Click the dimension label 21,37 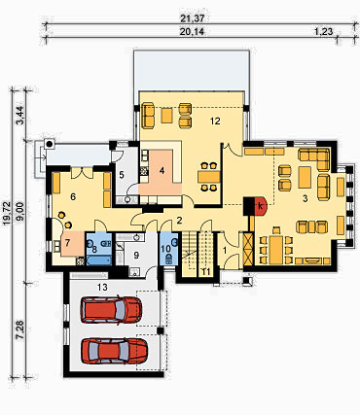(x=198, y=18)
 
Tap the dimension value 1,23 (x=323, y=31)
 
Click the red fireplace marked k (x=261, y=206)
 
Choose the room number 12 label (x=215, y=121)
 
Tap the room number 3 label (x=305, y=199)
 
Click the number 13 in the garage (x=102, y=287)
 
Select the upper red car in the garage (x=112, y=309)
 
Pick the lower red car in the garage (x=114, y=351)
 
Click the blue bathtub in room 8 (x=99, y=260)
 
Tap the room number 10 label (x=165, y=249)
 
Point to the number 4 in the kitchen (x=162, y=171)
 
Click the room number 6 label (x=73, y=196)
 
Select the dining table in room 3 (x=276, y=250)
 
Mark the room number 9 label (x=136, y=255)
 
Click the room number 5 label (x=122, y=175)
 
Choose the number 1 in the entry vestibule (x=225, y=250)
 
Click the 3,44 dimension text (x=20, y=117)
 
